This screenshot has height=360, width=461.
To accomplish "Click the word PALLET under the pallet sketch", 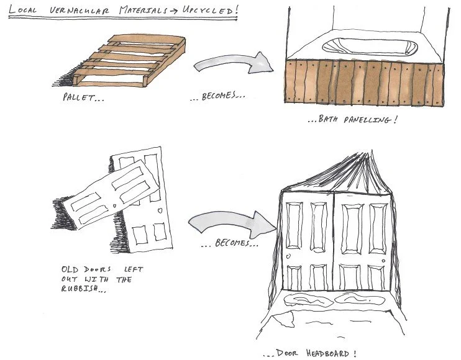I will point(78,98).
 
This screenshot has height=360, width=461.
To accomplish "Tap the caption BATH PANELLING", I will point(352,119).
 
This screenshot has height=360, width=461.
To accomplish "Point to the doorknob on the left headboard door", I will point(287,255).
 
